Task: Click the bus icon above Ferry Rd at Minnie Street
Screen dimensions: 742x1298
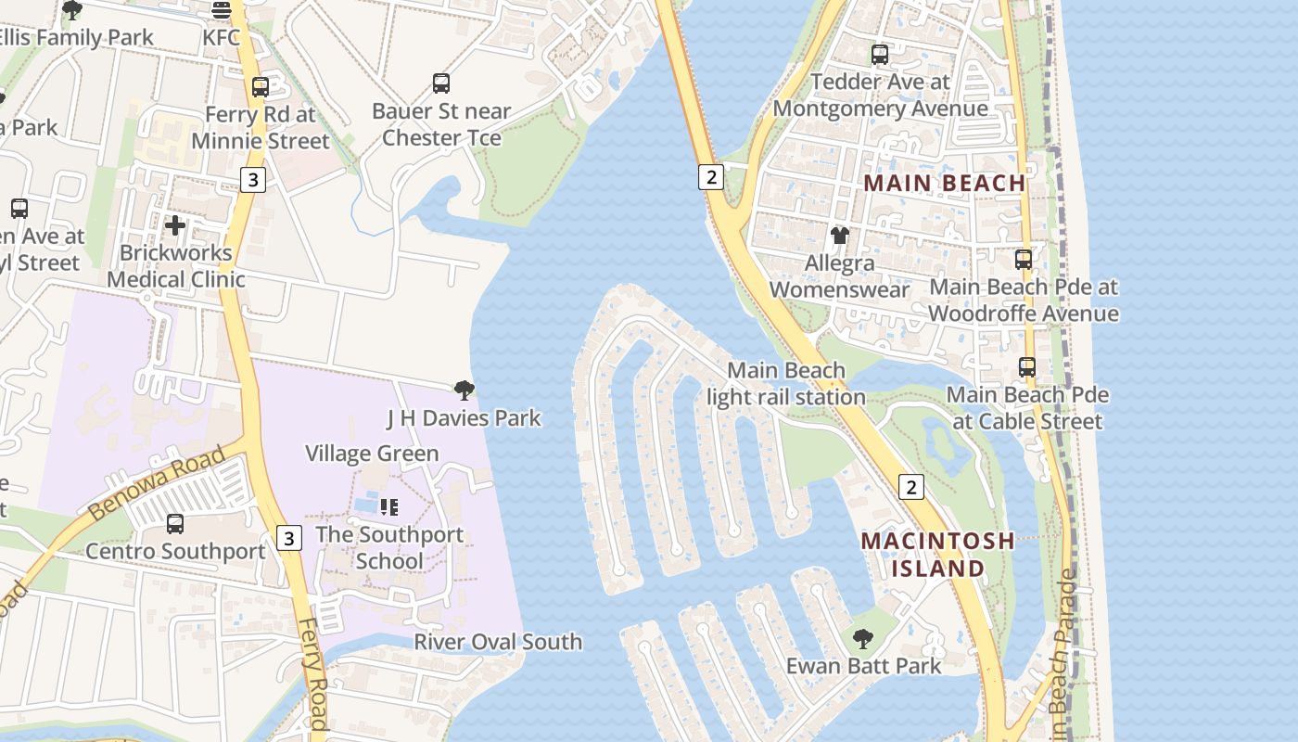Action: coord(261,87)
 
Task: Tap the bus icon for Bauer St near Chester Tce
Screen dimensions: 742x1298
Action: coord(441,83)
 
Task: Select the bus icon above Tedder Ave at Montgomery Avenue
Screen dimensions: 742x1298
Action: coord(880,55)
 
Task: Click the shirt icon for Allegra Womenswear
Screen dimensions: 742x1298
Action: coord(840,236)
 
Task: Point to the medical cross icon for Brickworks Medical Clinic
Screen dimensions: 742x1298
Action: coord(175,225)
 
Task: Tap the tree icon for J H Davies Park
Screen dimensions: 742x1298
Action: coord(464,390)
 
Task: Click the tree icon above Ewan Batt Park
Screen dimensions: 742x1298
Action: coord(863,638)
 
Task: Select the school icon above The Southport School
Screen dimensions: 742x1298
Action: coord(389,507)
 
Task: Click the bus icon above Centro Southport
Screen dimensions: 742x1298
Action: coord(175,524)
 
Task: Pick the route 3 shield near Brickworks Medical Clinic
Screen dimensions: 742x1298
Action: coord(253,180)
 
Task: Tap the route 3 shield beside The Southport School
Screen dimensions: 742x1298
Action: coord(289,537)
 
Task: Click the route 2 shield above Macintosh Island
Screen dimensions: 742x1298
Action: coord(911,486)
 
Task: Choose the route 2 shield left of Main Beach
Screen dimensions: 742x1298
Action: coord(710,176)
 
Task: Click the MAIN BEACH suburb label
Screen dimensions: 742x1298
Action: coord(945,183)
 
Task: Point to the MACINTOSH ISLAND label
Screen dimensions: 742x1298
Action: coord(937,554)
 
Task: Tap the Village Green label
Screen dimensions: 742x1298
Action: coord(372,454)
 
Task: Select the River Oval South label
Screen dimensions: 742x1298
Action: coord(498,642)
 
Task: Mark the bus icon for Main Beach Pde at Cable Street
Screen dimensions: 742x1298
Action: coord(1027,367)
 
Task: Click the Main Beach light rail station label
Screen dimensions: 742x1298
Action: coord(786,384)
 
